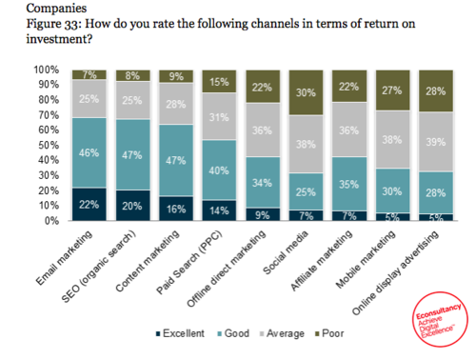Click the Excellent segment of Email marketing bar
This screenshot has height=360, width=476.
(x=89, y=204)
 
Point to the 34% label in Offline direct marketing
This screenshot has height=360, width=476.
(x=263, y=181)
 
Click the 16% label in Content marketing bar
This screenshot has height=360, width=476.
(x=176, y=208)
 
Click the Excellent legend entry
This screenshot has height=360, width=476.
(x=177, y=333)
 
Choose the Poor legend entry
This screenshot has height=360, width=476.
(x=327, y=333)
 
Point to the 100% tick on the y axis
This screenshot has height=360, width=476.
(x=46, y=70)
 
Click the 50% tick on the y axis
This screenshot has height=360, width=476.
(x=48, y=145)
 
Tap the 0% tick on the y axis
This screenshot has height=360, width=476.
(x=51, y=220)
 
